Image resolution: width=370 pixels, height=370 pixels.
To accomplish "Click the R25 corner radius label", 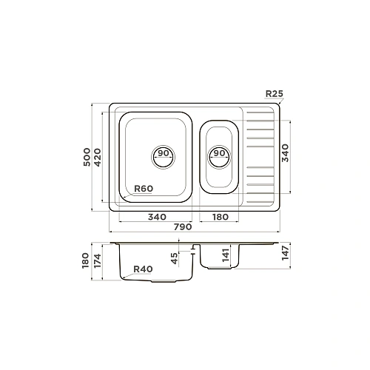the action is pyautogui.click(x=275, y=94).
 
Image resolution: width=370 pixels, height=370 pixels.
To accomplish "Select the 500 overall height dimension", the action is pyautogui.click(x=87, y=157).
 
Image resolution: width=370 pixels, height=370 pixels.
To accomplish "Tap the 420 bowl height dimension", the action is pyautogui.click(x=98, y=158).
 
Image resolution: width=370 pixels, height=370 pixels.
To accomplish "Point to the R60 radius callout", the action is pyautogui.click(x=144, y=189).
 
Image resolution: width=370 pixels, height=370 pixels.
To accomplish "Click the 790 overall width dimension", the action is pyautogui.click(x=183, y=227).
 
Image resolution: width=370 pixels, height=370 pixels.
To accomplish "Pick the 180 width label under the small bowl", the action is pyautogui.click(x=221, y=217).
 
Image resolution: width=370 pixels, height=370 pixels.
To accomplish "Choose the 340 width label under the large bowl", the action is pyautogui.click(x=157, y=217).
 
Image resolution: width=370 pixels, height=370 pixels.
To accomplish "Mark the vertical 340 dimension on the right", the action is pyautogui.click(x=285, y=153).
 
